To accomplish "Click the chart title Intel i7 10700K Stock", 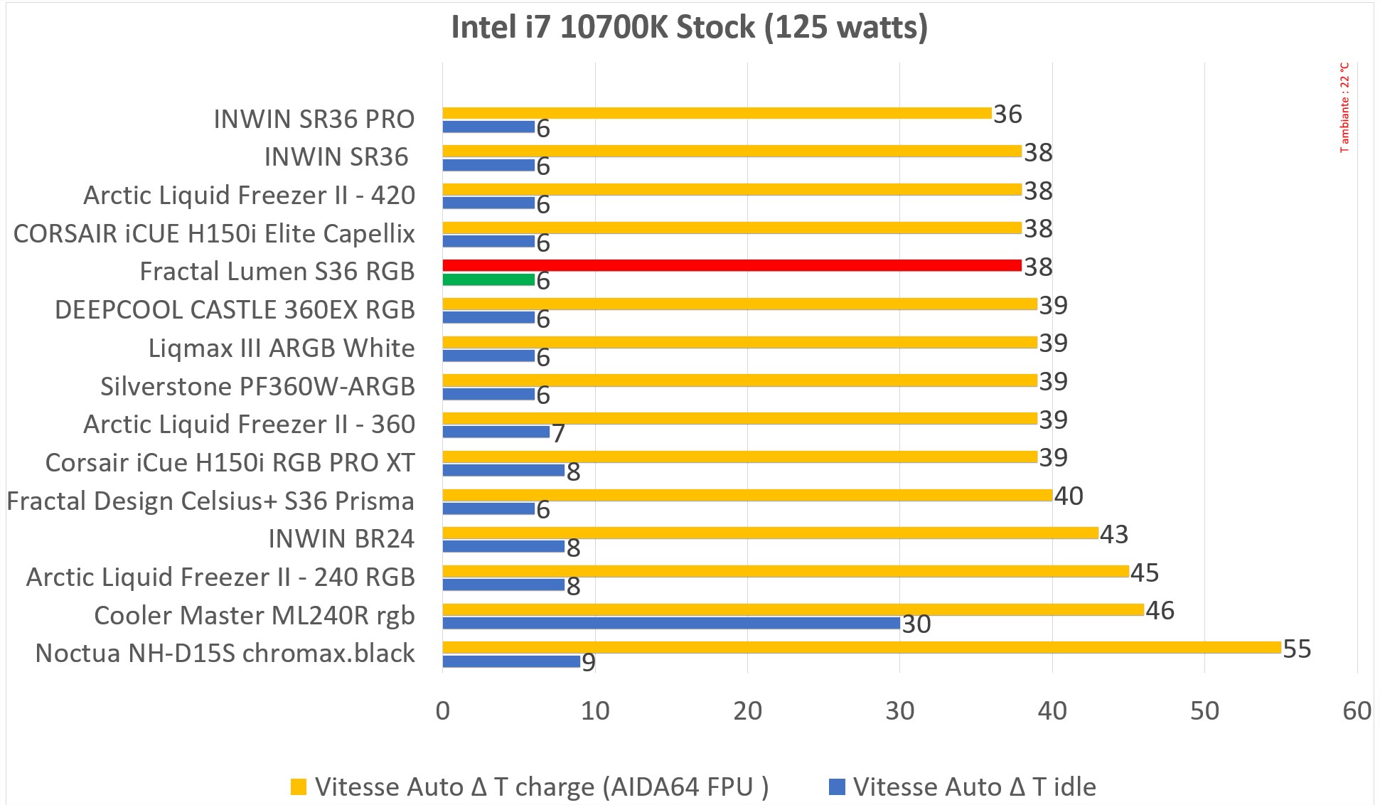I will click(689, 28).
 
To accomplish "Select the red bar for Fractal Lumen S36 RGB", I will click(732, 265).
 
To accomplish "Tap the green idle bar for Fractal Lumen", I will click(488, 279).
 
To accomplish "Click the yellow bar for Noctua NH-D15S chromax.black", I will click(861, 647).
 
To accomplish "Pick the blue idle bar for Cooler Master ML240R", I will click(670, 623).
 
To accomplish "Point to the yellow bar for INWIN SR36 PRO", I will click(717, 113).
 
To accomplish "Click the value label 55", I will click(1297, 649).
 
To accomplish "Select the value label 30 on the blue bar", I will click(916, 624).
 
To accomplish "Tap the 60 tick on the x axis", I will click(1357, 710).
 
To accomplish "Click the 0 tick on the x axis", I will click(443, 710).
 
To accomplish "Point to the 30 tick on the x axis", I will click(900, 710).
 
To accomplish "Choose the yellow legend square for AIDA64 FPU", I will click(299, 787).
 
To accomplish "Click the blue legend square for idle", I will click(837, 787).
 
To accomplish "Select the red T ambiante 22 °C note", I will click(1344, 107).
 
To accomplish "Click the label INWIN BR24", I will click(341, 539).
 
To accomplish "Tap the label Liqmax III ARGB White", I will click(282, 348).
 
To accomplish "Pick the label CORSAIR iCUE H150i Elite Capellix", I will click(214, 234).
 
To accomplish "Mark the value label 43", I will click(1114, 534).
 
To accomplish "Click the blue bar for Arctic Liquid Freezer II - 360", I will click(496, 432).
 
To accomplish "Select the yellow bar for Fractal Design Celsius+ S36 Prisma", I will click(747, 495).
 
